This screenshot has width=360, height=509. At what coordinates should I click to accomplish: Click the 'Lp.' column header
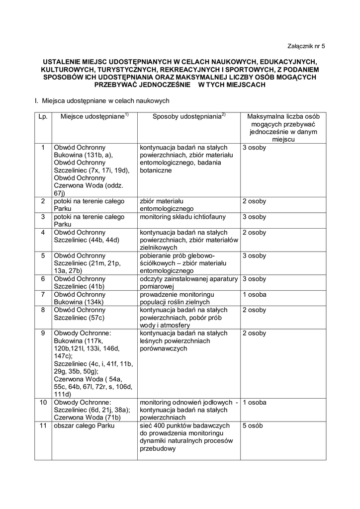click(42, 116)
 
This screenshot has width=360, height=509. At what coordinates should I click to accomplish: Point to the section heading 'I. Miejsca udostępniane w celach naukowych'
click(102, 100)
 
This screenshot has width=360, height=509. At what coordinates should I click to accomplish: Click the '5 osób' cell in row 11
click(253, 426)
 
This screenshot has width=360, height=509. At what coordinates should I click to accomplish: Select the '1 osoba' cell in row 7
click(254, 295)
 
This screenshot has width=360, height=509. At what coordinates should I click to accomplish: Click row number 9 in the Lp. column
click(43, 333)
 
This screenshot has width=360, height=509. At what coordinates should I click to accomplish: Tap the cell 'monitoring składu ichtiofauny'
click(182, 217)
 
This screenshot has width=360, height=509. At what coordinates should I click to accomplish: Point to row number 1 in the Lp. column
click(43, 148)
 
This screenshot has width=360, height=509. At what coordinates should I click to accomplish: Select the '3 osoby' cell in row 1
click(254, 148)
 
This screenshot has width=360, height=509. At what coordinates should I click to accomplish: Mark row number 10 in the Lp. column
click(43, 402)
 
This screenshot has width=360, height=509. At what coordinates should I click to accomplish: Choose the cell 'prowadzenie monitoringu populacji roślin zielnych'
click(177, 298)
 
